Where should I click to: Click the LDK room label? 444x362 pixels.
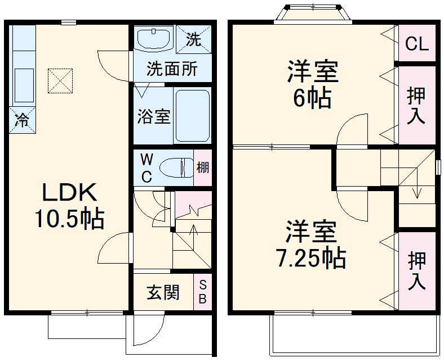pos(70,192)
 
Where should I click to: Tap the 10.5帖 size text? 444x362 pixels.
pos(70,219)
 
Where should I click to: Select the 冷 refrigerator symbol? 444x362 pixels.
pos(22,120)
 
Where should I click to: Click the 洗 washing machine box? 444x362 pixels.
pos(193,39)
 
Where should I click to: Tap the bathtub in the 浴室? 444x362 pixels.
pos(192,115)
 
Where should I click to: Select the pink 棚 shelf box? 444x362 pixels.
pos(203,167)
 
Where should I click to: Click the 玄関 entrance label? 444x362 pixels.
pos(163,292)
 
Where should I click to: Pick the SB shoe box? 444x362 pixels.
pos(202,292)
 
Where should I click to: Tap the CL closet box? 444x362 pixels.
pos(417,43)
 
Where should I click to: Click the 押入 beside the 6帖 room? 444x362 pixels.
pos(417,105)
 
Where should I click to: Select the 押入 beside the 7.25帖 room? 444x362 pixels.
pos(417,271)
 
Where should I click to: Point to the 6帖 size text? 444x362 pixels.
pos(312,99)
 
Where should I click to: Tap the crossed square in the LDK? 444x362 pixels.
pos(61,81)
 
